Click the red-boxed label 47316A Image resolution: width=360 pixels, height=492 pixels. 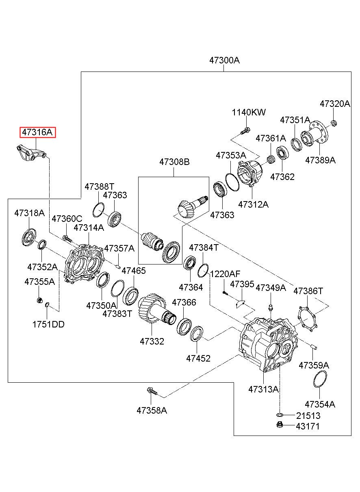pyautogui.click(x=37, y=132)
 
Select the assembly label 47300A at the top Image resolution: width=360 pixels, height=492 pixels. pyautogui.click(x=224, y=60)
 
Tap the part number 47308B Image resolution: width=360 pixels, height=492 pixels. pyautogui.click(x=174, y=162)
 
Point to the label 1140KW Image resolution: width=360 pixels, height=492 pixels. pyautogui.click(x=249, y=112)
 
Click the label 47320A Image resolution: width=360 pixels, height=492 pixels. pyautogui.click(x=335, y=104)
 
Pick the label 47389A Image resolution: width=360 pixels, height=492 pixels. pyautogui.click(x=320, y=160)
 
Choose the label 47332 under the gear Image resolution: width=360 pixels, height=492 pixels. pyautogui.click(x=152, y=341)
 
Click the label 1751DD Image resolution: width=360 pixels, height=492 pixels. pyautogui.click(x=48, y=325)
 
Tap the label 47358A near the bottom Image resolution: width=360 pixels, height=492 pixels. pyautogui.click(x=152, y=410)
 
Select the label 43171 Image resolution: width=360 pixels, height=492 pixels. pyautogui.click(x=308, y=426)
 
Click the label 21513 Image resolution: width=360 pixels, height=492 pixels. pyautogui.click(x=308, y=416)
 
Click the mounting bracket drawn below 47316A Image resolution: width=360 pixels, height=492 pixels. pyautogui.click(x=32, y=153)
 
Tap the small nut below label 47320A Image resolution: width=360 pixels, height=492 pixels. pyautogui.click(x=334, y=123)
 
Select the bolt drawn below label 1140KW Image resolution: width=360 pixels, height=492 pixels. pyautogui.click(x=245, y=131)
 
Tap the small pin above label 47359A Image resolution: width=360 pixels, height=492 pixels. pyautogui.click(x=314, y=347)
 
